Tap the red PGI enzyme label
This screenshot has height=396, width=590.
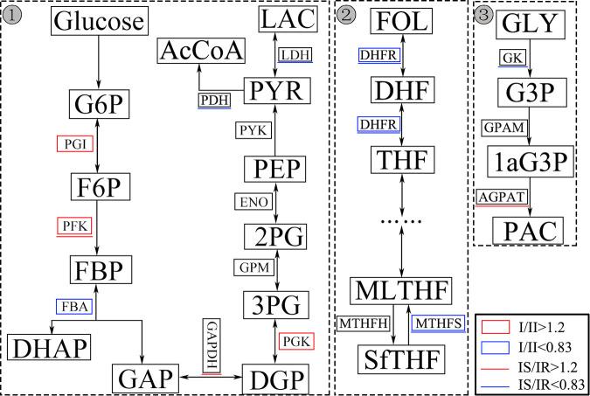[74, 145]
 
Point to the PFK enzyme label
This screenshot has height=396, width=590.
[74, 226]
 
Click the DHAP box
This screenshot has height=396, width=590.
[50, 347]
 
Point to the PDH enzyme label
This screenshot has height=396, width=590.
[214, 100]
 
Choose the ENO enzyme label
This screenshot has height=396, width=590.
[250, 203]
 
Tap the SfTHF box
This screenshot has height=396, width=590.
[400, 358]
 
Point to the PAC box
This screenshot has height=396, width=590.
[528, 231]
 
